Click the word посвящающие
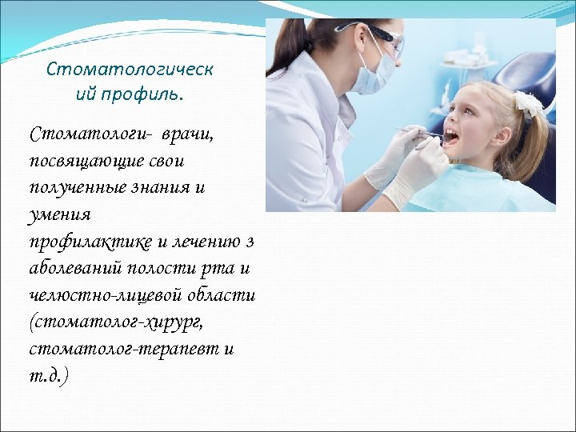tap(86, 160)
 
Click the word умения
tap(60, 214)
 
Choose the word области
tap(221, 296)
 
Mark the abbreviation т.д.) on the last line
tap(50, 376)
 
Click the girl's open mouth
tap(451, 137)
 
